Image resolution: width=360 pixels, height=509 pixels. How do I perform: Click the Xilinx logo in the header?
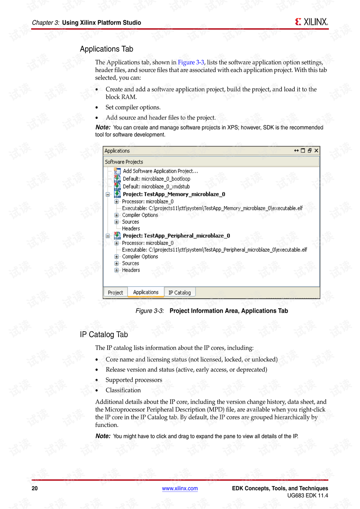(311, 22)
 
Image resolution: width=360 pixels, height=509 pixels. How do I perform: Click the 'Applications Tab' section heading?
(106, 49)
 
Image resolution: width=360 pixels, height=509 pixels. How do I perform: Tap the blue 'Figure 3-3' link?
(191, 62)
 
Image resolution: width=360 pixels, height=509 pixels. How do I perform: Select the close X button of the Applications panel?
(316, 150)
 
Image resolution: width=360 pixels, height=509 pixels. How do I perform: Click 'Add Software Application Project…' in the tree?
(160, 171)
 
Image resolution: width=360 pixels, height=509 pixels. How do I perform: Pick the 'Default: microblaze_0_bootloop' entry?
(156, 179)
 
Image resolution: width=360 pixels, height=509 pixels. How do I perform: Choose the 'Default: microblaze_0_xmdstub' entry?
(156, 186)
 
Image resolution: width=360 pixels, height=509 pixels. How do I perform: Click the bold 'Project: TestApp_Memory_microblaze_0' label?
(174, 194)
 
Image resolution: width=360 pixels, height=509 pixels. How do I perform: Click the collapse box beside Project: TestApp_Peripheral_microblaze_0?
(108, 236)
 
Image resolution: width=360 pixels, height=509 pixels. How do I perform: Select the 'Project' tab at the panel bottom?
(115, 293)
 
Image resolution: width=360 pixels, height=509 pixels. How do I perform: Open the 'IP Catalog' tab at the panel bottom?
(180, 293)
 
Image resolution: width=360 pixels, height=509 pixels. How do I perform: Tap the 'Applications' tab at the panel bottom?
(146, 292)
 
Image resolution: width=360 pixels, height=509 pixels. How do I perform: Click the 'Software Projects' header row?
(124, 162)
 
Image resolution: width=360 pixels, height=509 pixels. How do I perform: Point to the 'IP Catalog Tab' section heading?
(104, 335)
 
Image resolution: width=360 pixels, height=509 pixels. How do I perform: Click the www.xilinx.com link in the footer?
(180, 488)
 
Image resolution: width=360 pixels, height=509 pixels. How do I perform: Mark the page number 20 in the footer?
(35, 488)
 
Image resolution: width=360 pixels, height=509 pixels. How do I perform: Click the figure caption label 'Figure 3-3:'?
(150, 311)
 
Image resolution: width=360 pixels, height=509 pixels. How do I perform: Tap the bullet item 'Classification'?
(123, 390)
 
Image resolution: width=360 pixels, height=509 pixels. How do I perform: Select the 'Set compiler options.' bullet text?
(133, 107)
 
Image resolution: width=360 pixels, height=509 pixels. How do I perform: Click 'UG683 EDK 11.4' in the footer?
(307, 495)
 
